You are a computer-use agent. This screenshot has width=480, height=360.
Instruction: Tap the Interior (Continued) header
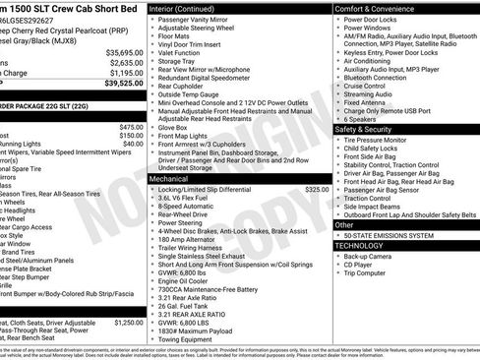tap(189, 8)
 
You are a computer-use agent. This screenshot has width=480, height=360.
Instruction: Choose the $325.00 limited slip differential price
tap(317, 188)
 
